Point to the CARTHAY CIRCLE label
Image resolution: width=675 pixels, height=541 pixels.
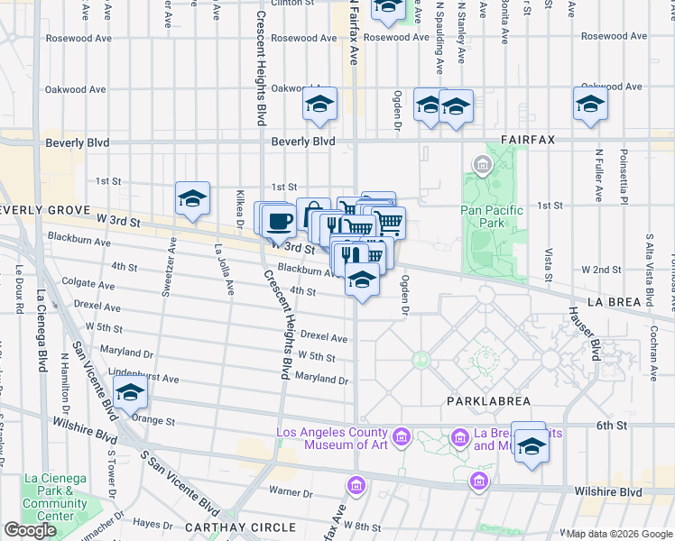227,527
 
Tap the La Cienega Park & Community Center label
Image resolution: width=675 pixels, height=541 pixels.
56,497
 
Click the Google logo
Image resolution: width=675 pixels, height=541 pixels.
31,530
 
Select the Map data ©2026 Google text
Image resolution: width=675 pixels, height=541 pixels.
619,534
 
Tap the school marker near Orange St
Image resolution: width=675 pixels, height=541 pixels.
131,393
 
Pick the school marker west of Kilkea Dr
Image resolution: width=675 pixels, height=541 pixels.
192,199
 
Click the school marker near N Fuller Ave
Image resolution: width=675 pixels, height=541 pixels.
590,104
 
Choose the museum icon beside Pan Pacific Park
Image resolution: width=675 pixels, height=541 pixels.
481,165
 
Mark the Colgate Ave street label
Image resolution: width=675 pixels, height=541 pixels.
96,284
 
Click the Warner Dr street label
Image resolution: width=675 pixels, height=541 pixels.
291,491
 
